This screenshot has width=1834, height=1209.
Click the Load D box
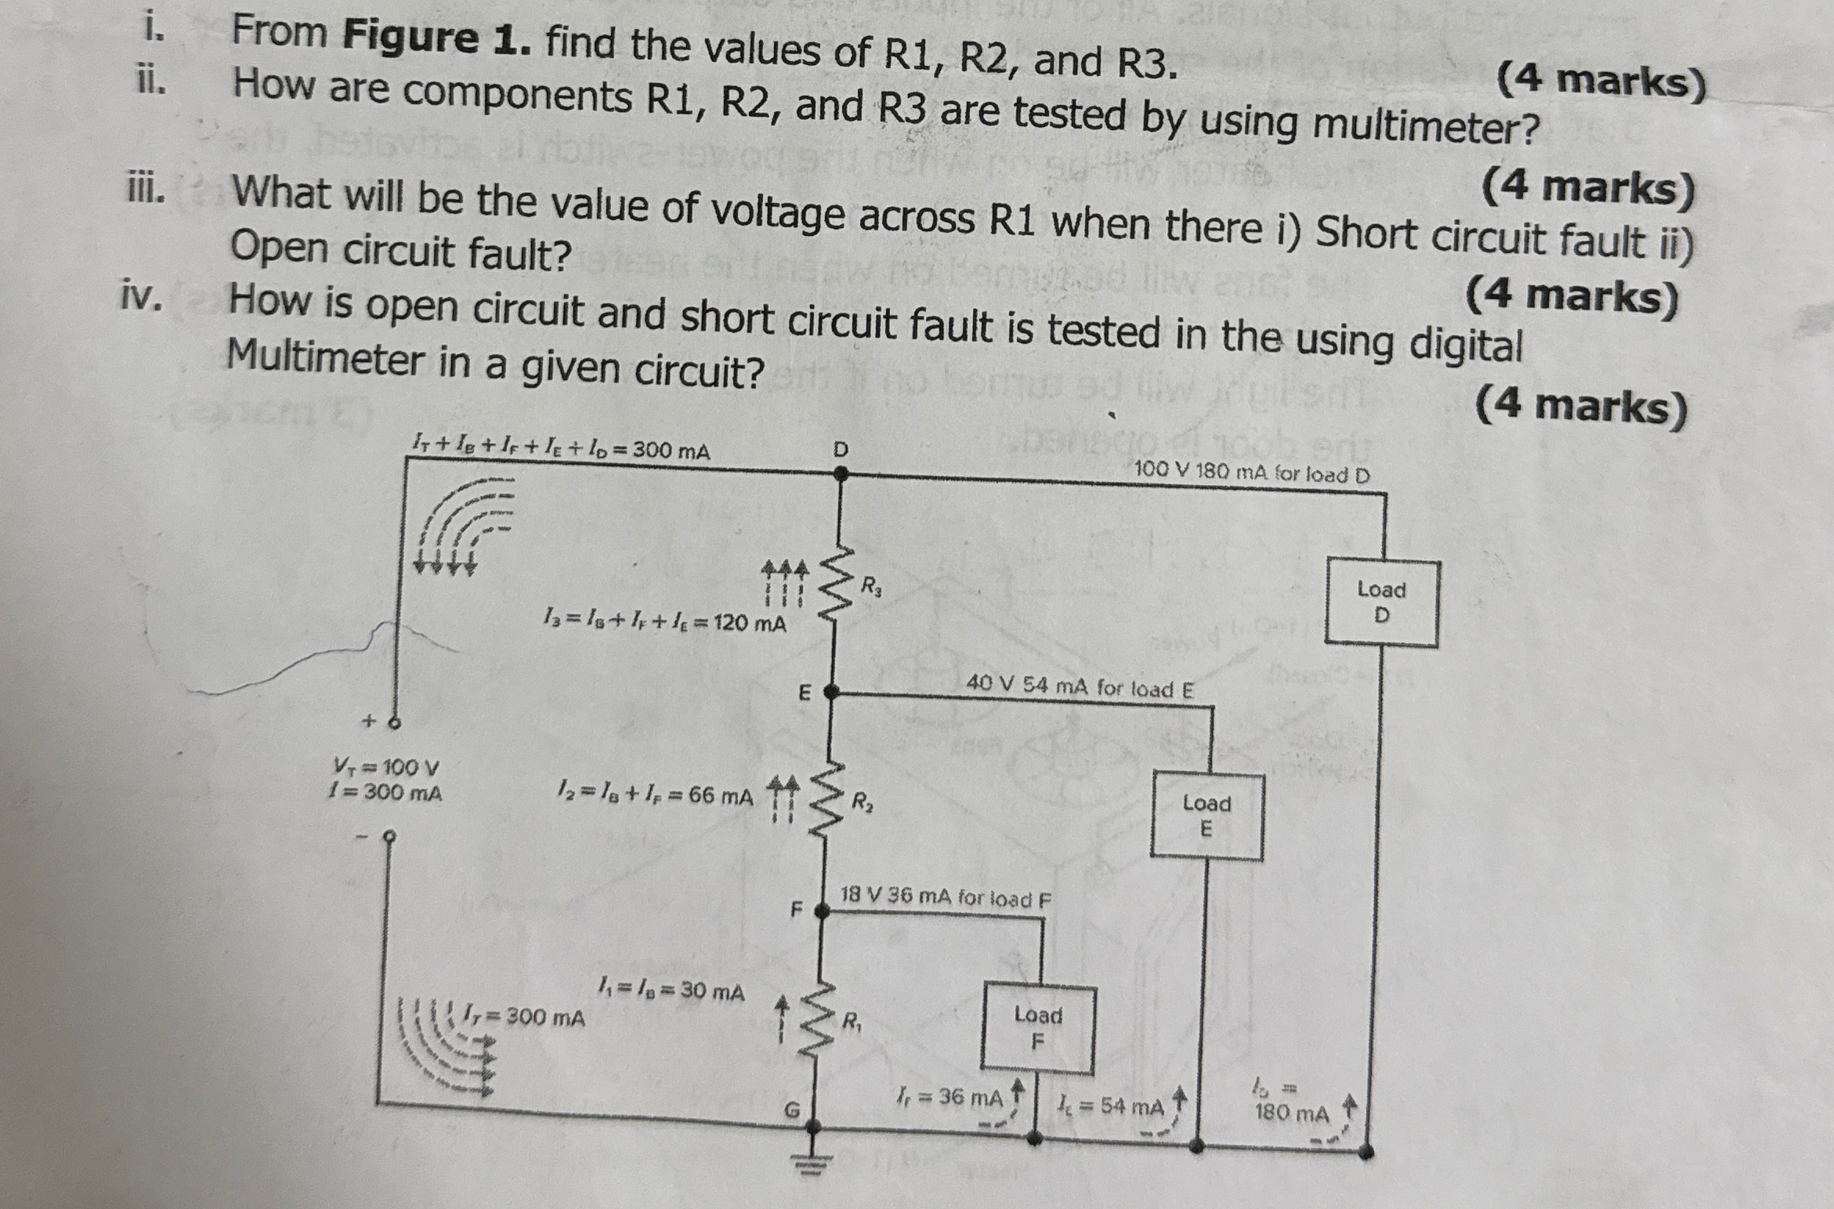pyautogui.click(x=1381, y=603)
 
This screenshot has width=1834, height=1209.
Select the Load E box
pyautogui.click(x=1206, y=816)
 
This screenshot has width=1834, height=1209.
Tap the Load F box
pyautogui.click(x=1037, y=1028)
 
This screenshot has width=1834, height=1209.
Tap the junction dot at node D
pyautogui.click(x=841, y=473)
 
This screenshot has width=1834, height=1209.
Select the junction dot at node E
pyautogui.click(x=830, y=692)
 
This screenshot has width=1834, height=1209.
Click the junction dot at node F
pyautogui.click(x=821, y=910)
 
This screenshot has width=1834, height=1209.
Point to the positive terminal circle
pyautogui.click(x=395, y=722)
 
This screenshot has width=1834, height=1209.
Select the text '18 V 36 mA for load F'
pyautogui.click(x=946, y=896)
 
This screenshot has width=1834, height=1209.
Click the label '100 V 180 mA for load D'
pyautogui.click(x=1251, y=472)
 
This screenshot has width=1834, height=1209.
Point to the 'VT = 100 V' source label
pyautogui.click(x=386, y=766)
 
